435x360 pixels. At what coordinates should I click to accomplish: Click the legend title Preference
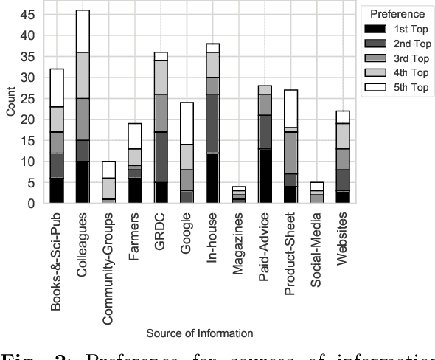coord(397,13)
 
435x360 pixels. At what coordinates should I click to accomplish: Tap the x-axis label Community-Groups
coord(108,262)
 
